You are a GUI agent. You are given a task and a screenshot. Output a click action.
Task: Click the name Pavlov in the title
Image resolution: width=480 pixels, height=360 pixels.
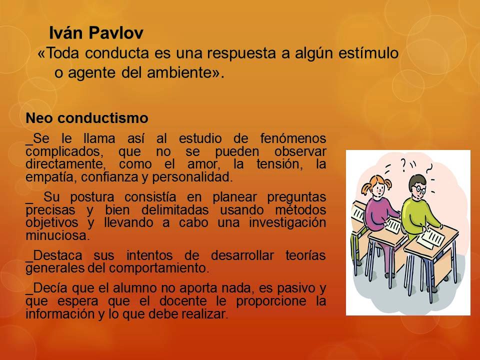tap(117, 33)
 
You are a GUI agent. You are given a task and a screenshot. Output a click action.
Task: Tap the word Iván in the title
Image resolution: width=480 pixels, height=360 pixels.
tap(67, 33)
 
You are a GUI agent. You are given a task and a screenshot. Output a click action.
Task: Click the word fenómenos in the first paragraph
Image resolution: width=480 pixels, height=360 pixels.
tap(293, 138)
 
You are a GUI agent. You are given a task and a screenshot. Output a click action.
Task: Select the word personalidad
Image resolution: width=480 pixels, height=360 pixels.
tap(200, 177)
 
